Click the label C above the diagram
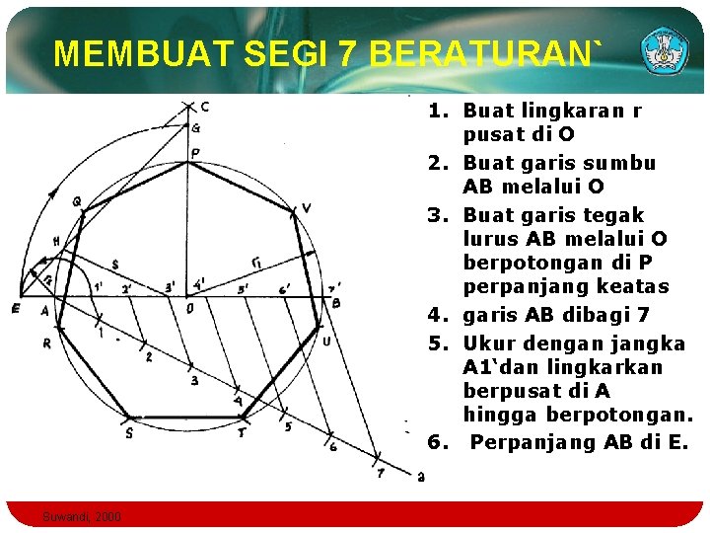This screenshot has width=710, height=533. pyautogui.click(x=204, y=107)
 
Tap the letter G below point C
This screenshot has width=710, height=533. pyautogui.click(x=195, y=128)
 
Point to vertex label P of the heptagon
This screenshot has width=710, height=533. pyautogui.click(x=195, y=152)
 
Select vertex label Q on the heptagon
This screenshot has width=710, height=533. pyautogui.click(x=76, y=201)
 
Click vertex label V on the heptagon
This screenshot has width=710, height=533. pyautogui.click(x=307, y=207)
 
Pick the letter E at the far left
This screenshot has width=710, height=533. pyautogui.click(x=15, y=309)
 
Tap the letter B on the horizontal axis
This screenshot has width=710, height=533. pyautogui.click(x=335, y=303)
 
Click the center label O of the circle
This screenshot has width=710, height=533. pyautogui.click(x=189, y=308)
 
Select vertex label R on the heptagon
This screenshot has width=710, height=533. pyautogui.click(x=47, y=343)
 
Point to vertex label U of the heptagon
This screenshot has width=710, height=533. pyautogui.click(x=325, y=341)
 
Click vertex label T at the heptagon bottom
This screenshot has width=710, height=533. pyautogui.click(x=243, y=432)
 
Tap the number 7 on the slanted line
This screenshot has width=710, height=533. pyautogui.click(x=380, y=474)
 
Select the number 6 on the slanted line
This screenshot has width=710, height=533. pyautogui.click(x=332, y=446)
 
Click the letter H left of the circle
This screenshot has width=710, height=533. pyautogui.click(x=56, y=241)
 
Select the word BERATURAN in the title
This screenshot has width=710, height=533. pyautogui.click(x=473, y=54)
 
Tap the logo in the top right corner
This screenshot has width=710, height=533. pyautogui.click(x=667, y=49)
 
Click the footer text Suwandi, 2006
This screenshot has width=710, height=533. pyautogui.click(x=83, y=516)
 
